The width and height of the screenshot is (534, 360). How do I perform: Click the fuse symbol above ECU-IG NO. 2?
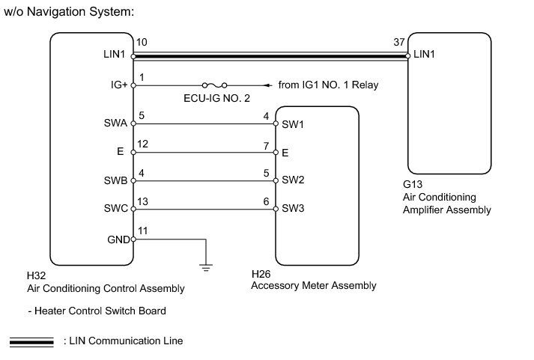214,85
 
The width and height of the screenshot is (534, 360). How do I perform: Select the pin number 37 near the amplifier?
399,42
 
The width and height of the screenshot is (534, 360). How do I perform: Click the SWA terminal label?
115,123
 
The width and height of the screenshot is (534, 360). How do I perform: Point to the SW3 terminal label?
293,208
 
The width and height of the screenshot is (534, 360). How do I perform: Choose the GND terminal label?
118,240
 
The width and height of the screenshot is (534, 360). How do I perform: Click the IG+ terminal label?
119,85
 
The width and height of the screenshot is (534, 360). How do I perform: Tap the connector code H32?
36,275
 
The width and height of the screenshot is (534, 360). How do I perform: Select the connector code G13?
413,184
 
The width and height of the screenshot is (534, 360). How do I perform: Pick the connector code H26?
261,274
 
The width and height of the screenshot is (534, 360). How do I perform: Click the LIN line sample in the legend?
31,342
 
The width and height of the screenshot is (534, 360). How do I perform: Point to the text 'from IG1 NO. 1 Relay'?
328,85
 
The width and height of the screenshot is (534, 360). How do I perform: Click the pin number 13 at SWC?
143,201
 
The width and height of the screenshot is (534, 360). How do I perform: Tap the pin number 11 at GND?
143,231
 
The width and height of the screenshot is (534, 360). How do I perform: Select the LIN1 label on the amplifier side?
424,54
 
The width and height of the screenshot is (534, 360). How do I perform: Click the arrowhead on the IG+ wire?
268,85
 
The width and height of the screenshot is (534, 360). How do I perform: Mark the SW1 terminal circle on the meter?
276,123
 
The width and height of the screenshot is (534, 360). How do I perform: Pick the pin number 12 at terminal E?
143,144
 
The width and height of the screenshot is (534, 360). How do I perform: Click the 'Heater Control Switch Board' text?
100,311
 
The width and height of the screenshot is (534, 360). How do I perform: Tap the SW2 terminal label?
293,180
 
